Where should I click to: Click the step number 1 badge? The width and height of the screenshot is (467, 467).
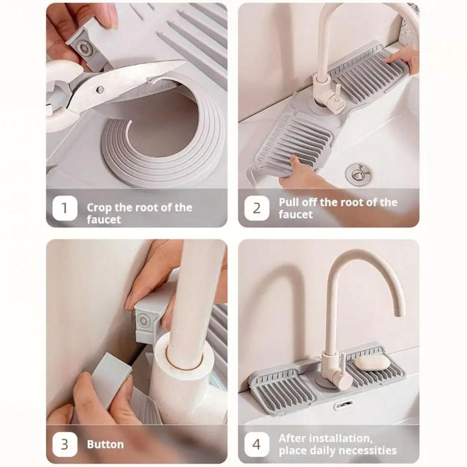pos(65,208)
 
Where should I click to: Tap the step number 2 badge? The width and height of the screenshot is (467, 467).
pos(257,208)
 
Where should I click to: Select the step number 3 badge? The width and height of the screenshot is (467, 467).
pos(65,444)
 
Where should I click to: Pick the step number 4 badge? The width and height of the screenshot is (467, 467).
pos(257,444)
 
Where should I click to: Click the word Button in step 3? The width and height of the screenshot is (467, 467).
pos(105,445)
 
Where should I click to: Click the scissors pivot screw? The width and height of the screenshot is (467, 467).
pos(100,89)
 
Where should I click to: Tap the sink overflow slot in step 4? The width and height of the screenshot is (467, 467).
pos(343,404)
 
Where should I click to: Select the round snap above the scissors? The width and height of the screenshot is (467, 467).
pos(85,48)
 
